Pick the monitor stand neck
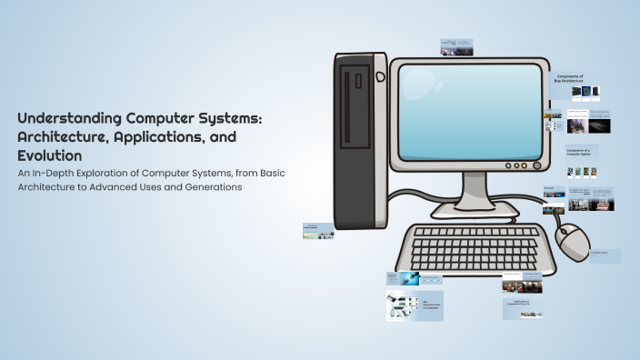[x=475, y=189]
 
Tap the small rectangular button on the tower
[x=359, y=80]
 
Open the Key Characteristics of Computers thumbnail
[x=415, y=305]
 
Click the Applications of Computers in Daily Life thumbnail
[x=524, y=308]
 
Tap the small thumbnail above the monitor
[x=455, y=47]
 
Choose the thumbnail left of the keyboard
[x=318, y=231]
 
